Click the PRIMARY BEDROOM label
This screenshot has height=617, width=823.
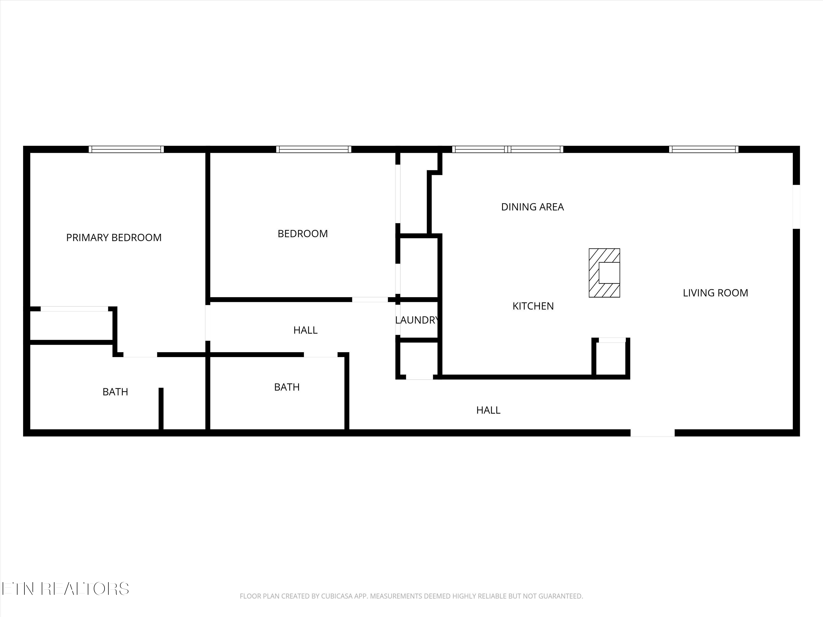point(114,238)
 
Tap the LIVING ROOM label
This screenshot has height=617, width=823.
point(715,293)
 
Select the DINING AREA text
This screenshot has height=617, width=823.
point(532,207)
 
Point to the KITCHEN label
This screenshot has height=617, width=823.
point(533,306)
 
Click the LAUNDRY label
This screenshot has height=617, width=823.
point(417,320)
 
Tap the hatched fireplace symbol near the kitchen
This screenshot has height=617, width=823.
point(604,273)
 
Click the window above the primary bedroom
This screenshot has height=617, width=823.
point(126,149)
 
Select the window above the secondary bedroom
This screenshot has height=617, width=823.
point(314,149)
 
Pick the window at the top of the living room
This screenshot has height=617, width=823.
point(704,149)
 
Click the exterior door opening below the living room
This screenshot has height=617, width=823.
point(652,433)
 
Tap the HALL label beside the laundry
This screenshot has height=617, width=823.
point(305,330)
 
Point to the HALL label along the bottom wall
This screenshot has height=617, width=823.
point(488,410)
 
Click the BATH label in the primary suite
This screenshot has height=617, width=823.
point(115,392)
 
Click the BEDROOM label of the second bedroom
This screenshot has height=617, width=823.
point(303,234)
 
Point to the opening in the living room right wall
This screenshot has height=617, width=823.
point(796,207)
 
